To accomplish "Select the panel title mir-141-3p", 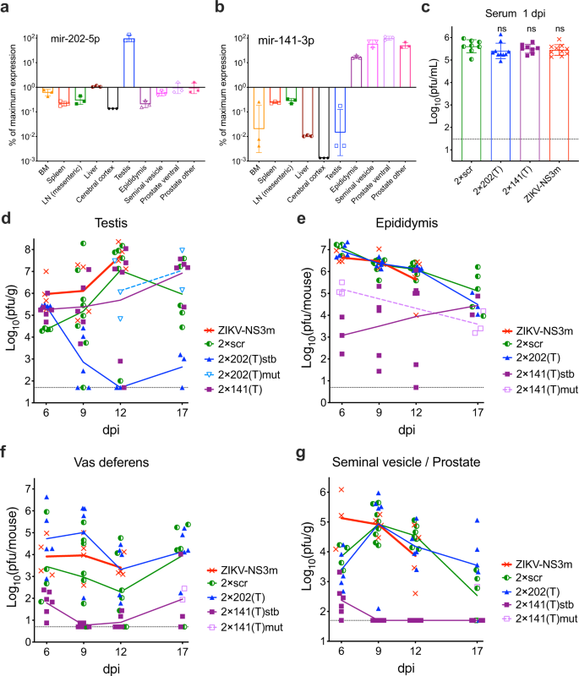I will [x=284, y=38].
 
